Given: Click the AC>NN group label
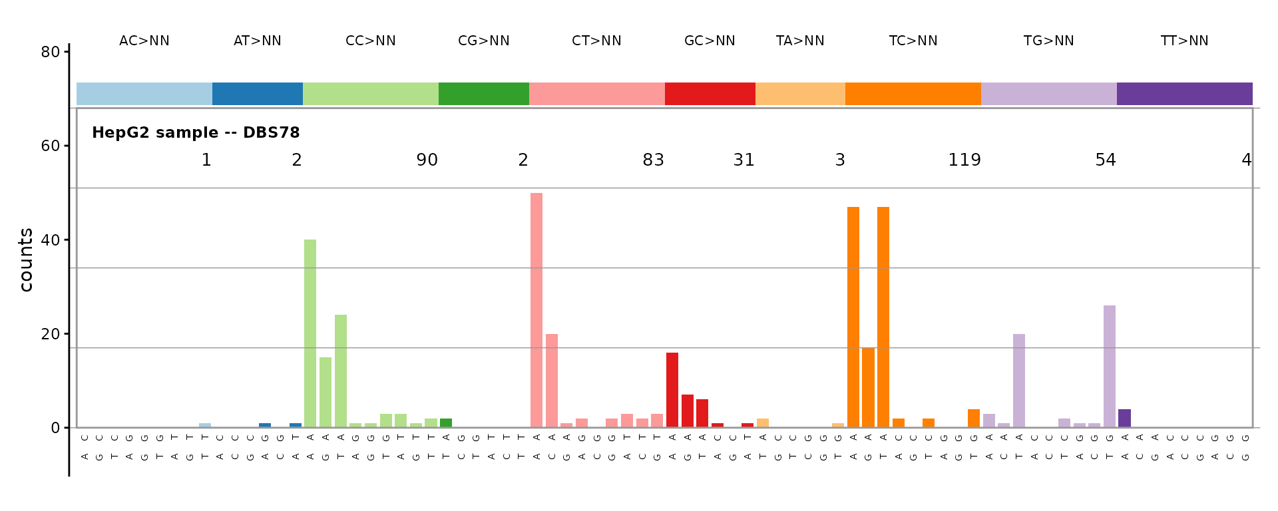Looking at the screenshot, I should pyautogui.click(x=144, y=41).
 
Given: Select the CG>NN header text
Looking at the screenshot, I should pyautogui.click(x=483, y=41).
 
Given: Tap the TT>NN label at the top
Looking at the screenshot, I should pyautogui.click(x=1184, y=41).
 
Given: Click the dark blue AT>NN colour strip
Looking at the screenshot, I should pyautogui.click(x=257, y=94).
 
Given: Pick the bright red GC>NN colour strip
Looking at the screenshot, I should pyautogui.click(x=710, y=94).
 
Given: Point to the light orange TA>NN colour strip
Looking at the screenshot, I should pyautogui.click(x=800, y=94).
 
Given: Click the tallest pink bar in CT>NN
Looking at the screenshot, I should pyautogui.click(x=536, y=310).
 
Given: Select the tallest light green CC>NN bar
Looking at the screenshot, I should pyautogui.click(x=310, y=333).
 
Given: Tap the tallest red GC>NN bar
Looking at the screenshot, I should pyautogui.click(x=672, y=390).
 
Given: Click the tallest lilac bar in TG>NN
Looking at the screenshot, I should pyautogui.click(x=1110, y=367).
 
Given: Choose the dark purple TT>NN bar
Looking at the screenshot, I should pyautogui.click(x=1124, y=419).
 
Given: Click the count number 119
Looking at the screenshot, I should pyautogui.click(x=964, y=160).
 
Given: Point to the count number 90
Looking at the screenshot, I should pyautogui.click(x=427, y=160).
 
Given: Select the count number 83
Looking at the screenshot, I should pyautogui.click(x=653, y=160).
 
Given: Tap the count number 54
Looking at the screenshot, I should pyautogui.click(x=1106, y=160).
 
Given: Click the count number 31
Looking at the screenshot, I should pyautogui.click(x=744, y=160).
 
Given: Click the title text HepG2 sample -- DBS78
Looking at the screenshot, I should pyautogui.click(x=196, y=133).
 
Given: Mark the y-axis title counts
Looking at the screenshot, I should pyautogui.click(x=26, y=260).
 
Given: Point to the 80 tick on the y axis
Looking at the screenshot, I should pyautogui.click(x=51, y=52).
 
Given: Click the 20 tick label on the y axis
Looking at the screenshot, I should pyautogui.click(x=51, y=334).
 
